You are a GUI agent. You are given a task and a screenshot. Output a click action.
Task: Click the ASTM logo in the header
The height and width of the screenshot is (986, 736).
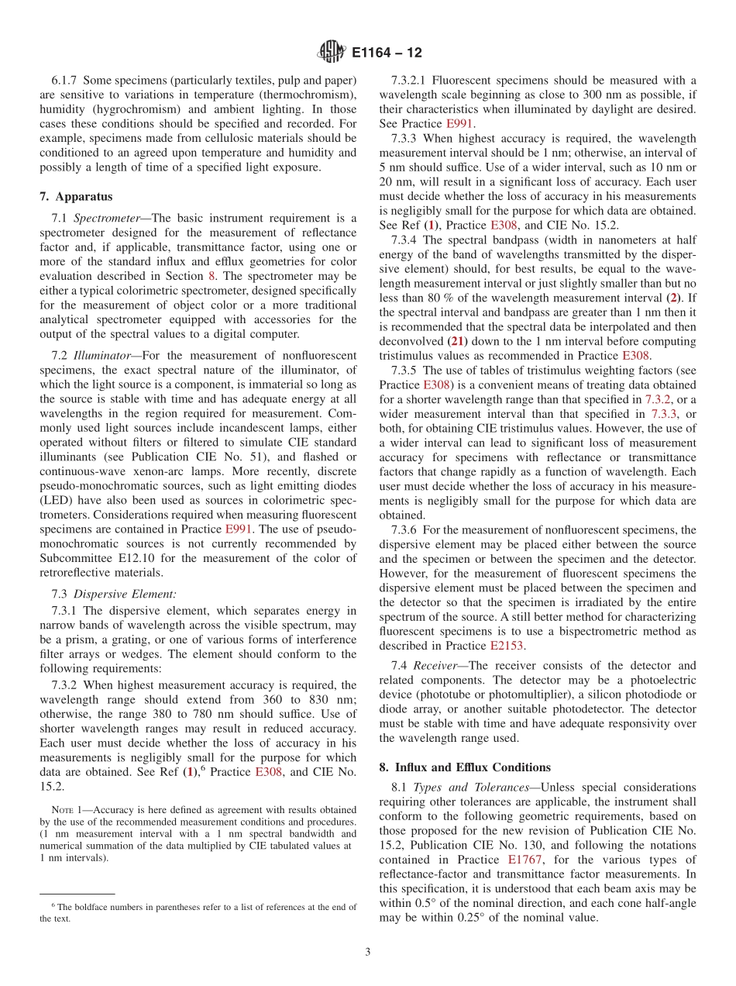331,53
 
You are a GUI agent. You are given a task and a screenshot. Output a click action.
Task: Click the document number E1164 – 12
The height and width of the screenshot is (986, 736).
387,53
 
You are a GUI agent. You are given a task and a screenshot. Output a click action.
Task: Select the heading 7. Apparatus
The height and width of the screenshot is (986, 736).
76,197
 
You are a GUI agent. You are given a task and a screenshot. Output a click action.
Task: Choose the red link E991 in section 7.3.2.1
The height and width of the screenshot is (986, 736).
460,124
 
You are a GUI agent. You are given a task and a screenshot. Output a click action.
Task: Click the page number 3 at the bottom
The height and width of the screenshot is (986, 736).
368,953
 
